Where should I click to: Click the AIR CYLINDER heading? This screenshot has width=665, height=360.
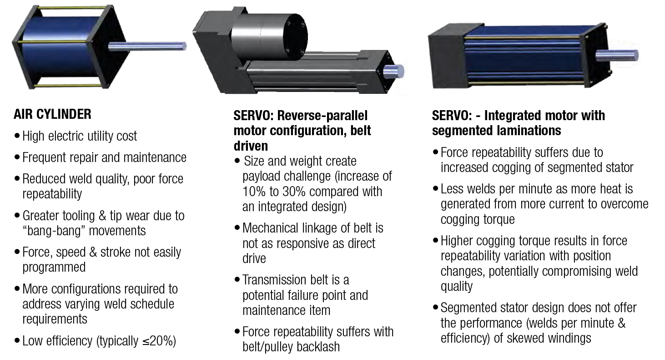point(53,114)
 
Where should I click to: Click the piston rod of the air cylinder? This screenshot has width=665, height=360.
point(147,46)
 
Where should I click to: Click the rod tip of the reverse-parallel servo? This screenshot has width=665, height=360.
point(395,72)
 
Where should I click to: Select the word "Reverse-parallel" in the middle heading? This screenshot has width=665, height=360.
point(322,116)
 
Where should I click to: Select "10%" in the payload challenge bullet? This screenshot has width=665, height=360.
point(254,192)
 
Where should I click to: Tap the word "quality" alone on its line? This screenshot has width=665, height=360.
point(457,287)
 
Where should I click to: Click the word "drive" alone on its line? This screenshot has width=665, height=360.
point(254,259)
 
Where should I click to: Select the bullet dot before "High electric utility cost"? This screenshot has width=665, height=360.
point(17,136)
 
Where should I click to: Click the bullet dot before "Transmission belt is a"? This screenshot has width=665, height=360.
point(237,280)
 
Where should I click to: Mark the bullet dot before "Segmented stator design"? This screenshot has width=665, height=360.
point(435,307)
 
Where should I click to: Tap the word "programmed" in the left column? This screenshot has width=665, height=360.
point(54,267)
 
